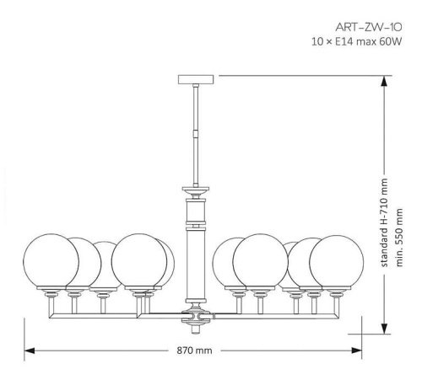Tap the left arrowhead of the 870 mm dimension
(27, 350)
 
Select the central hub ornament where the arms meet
(195, 318)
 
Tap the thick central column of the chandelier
(195, 253)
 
